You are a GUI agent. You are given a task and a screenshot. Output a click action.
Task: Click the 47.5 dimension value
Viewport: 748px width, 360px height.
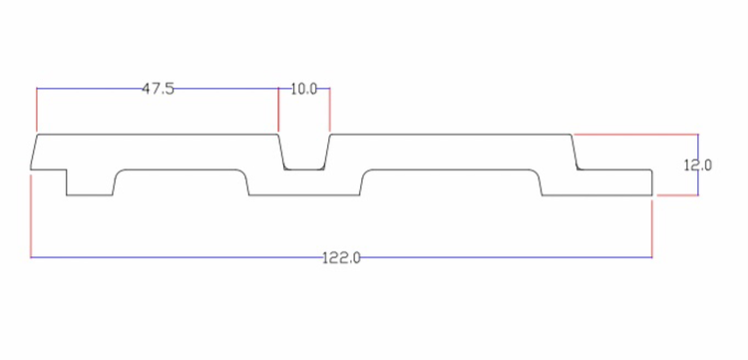(x=159, y=89)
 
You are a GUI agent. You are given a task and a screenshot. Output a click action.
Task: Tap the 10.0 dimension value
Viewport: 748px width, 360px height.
(x=304, y=89)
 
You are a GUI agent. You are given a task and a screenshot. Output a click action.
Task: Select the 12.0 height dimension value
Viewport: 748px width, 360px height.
(x=698, y=166)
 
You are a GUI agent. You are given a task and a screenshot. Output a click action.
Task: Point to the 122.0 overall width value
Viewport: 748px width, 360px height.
(x=341, y=258)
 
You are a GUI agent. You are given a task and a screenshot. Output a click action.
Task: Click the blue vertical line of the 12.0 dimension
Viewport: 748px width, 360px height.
(x=698, y=165)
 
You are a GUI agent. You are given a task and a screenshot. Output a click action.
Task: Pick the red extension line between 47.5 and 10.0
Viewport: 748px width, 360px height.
(x=278, y=110)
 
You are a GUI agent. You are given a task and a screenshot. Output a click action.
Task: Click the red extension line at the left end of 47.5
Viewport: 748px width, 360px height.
(x=37, y=110)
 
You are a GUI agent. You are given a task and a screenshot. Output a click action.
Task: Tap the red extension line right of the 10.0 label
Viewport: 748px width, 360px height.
(x=330, y=110)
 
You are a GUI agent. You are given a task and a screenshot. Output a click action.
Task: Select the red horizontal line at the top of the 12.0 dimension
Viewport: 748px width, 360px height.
(x=636, y=135)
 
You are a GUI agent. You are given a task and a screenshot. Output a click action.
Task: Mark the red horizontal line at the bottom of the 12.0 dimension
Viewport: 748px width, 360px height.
(x=677, y=195)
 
